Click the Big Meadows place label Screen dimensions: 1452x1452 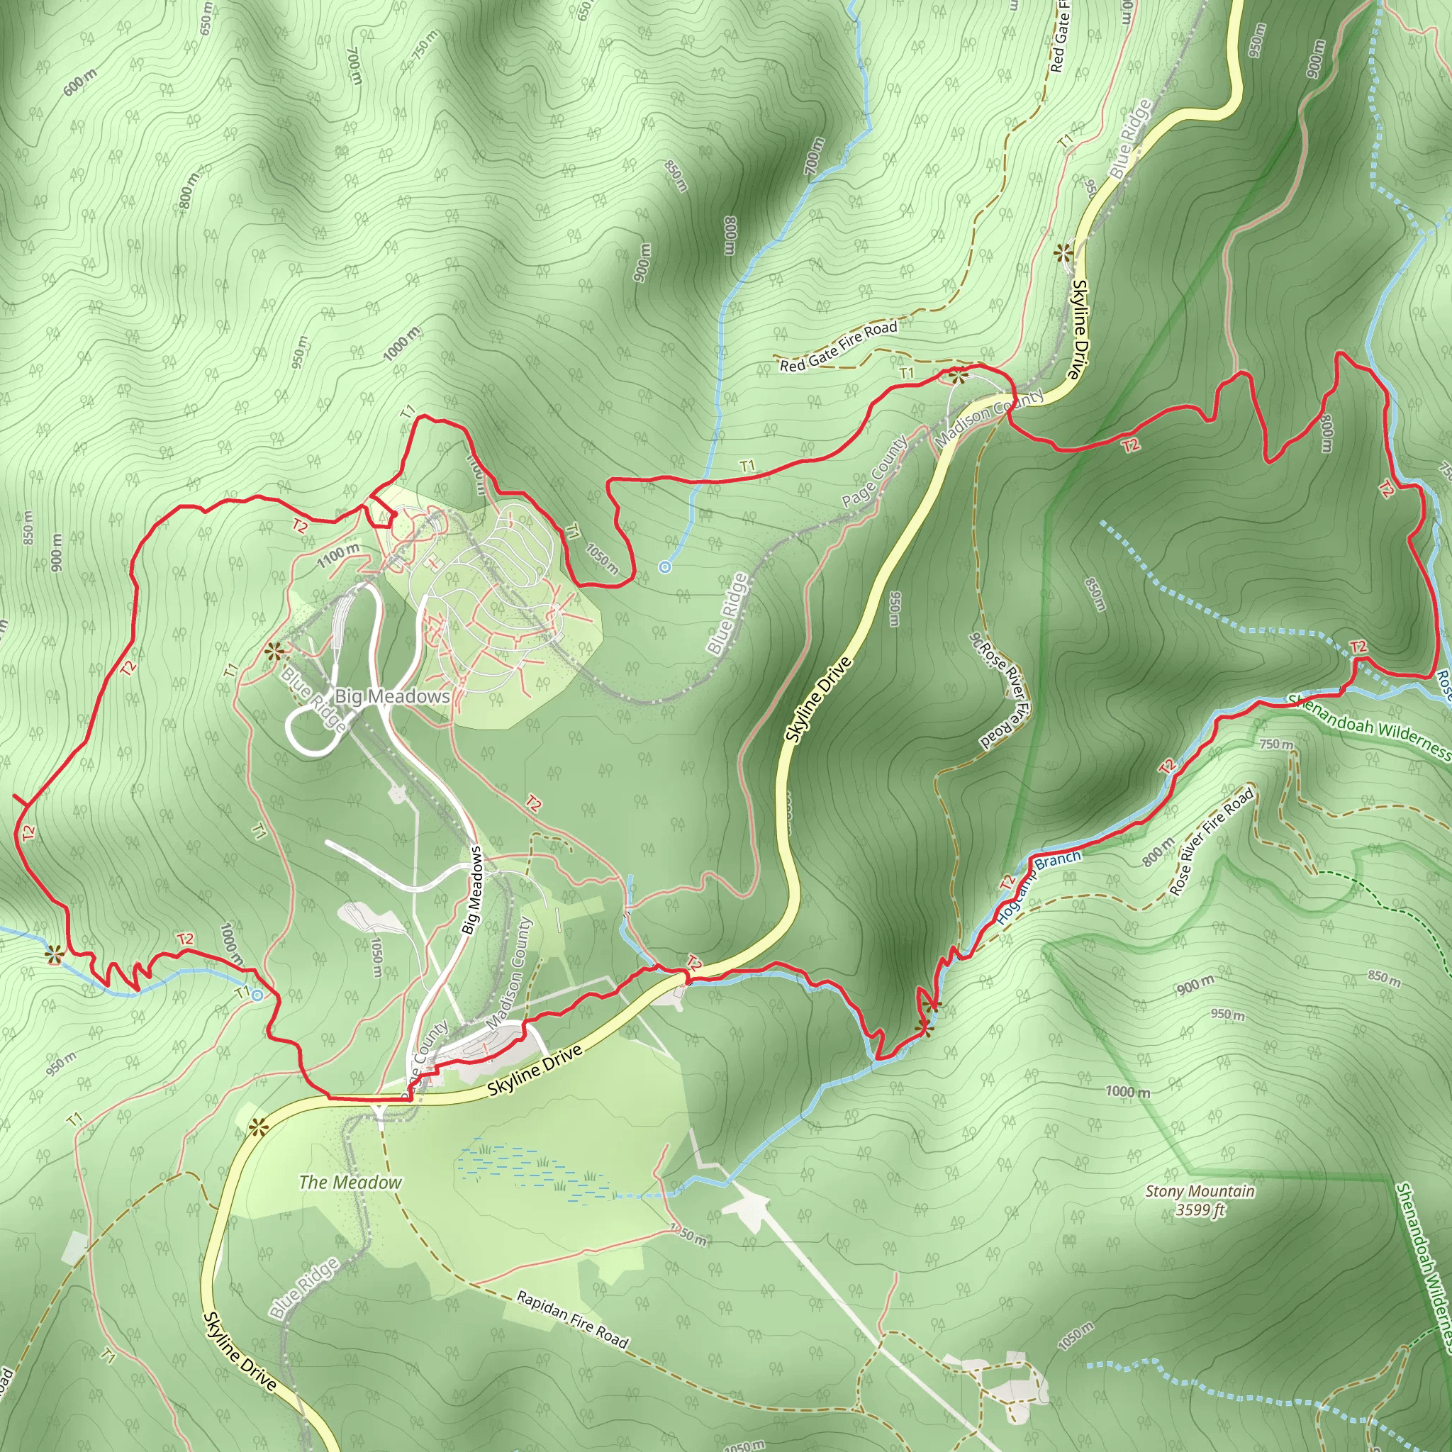click(x=391, y=697)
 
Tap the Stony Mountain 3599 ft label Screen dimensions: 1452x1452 click(x=1200, y=1200)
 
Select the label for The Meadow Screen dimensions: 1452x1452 click(x=350, y=1182)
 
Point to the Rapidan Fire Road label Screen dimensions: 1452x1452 click(x=573, y=1319)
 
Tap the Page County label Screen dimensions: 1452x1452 click(x=874, y=472)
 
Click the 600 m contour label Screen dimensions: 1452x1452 click(x=79, y=82)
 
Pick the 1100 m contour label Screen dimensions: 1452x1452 click(x=337, y=555)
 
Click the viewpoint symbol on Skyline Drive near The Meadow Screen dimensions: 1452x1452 click(x=258, y=1126)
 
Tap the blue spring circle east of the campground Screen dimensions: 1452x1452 click(x=664, y=567)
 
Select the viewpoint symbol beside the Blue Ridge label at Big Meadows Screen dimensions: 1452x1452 click(x=274, y=651)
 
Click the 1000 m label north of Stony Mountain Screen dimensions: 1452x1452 click(x=1127, y=1092)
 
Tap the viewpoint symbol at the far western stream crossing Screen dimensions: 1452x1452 click(x=53, y=955)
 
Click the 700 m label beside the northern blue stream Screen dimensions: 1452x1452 click(x=814, y=155)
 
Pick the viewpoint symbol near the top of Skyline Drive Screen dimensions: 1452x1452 click(x=1063, y=253)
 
